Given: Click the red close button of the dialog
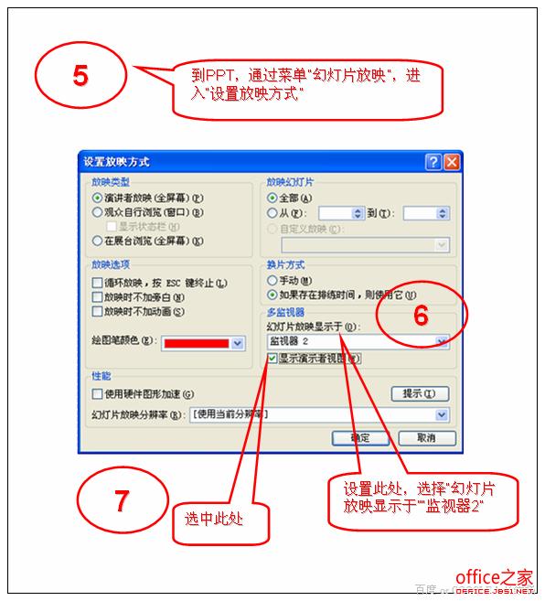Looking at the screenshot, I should [452, 162].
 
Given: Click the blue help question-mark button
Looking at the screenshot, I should [433, 162].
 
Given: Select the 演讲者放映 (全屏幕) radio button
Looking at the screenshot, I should [97, 197].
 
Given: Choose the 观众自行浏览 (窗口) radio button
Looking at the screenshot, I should [97, 212].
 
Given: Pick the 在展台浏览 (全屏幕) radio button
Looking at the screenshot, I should [97, 241].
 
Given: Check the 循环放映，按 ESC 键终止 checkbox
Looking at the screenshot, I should [97, 284].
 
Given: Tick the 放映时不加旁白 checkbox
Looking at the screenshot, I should [97, 297].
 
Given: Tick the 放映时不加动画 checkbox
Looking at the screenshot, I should [97, 311].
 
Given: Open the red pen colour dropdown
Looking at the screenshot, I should [238, 343].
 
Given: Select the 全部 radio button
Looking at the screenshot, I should [272, 198].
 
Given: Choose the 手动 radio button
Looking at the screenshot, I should [272, 281].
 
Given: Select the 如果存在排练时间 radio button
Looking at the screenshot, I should [272, 295].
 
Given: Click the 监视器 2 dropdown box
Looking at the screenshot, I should [357, 341].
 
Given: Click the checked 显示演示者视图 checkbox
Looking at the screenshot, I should [272, 359].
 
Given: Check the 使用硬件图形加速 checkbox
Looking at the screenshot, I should [97, 394].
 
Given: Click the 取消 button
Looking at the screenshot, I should [426, 438].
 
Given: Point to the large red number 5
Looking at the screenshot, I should [80, 76].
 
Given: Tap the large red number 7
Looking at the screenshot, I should [121, 500].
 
